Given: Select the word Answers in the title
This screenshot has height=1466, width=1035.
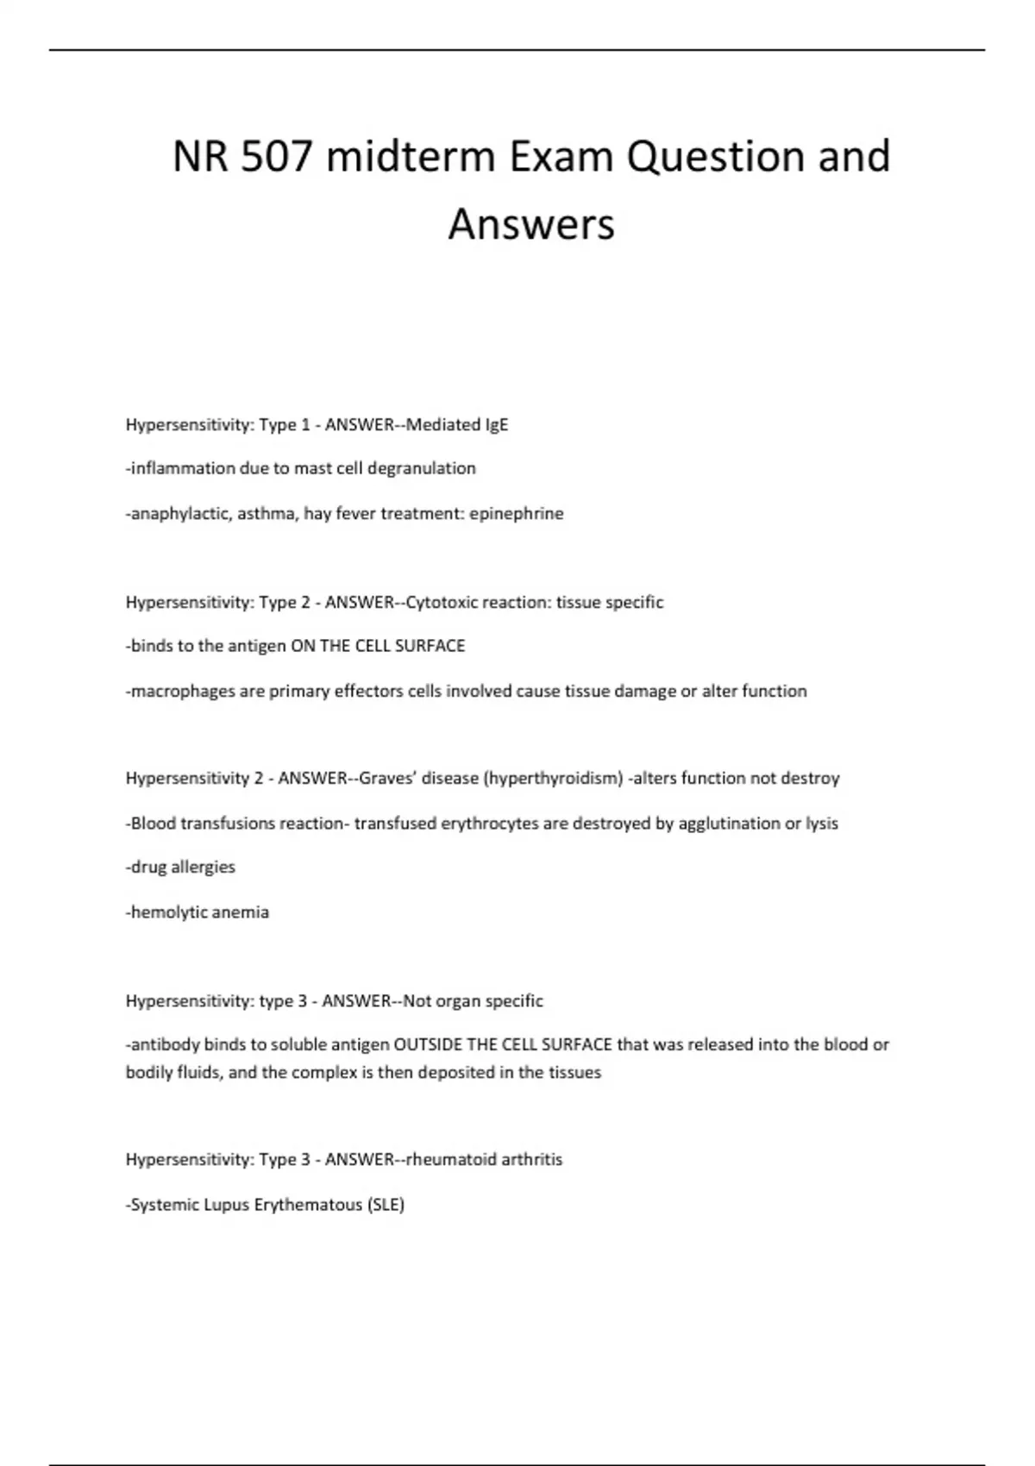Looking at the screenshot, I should tap(531, 224).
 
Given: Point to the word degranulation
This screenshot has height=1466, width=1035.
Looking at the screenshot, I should tap(422, 468).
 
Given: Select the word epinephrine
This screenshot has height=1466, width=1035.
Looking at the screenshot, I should tap(517, 513).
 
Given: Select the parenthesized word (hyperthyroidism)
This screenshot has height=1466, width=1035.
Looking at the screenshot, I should tap(554, 778).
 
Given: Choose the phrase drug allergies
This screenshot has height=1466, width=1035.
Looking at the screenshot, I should tap(181, 867).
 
